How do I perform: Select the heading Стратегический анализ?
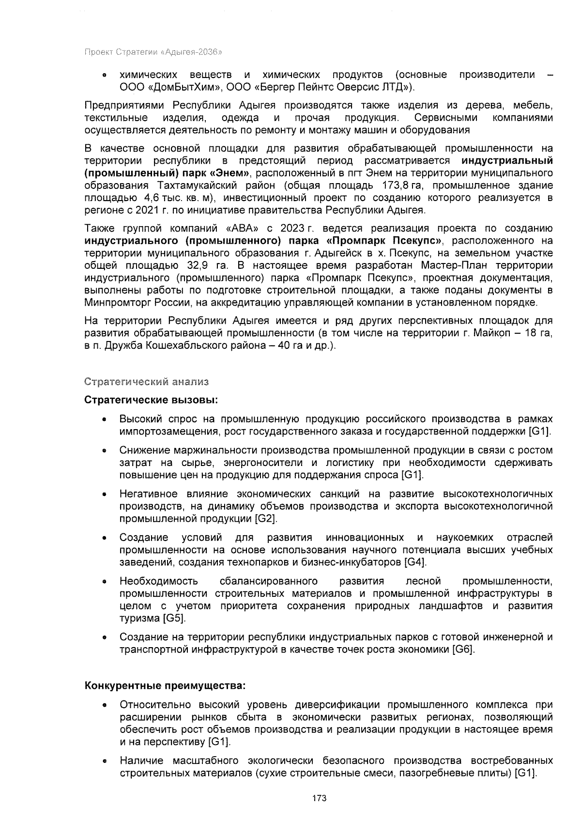click(147, 382)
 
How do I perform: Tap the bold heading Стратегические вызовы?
click(151, 401)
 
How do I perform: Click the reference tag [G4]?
click(415, 562)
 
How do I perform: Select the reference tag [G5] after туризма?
click(174, 619)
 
